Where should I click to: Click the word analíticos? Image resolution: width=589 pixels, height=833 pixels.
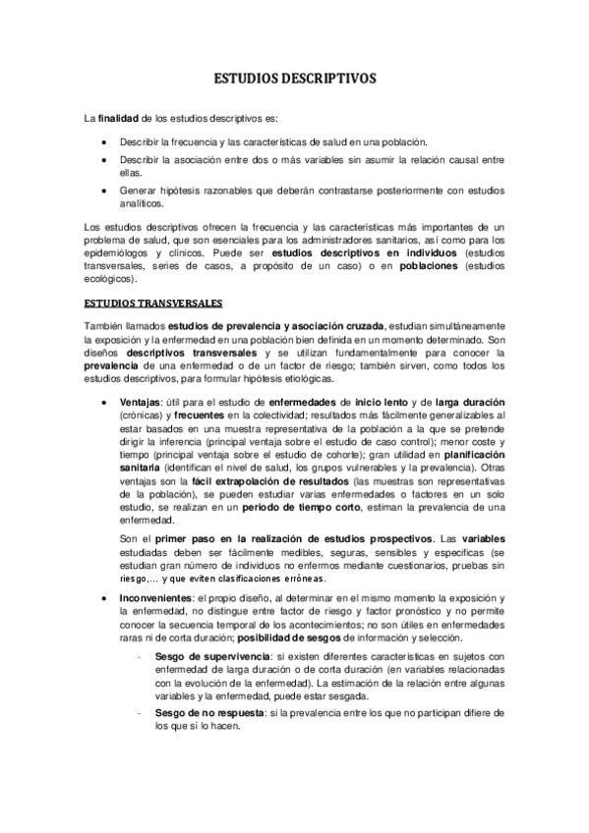point(145,204)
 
